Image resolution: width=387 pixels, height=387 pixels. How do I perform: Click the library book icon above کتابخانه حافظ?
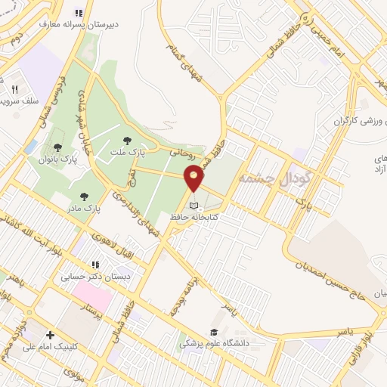pyautogui.click(x=194, y=205)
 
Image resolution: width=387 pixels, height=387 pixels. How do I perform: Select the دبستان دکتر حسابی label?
pyautogui.click(x=96, y=277)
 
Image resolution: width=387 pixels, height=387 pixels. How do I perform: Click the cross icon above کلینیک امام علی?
pyautogui.click(x=50, y=334)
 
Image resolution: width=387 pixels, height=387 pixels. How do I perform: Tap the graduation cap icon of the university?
pyautogui.click(x=215, y=333)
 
